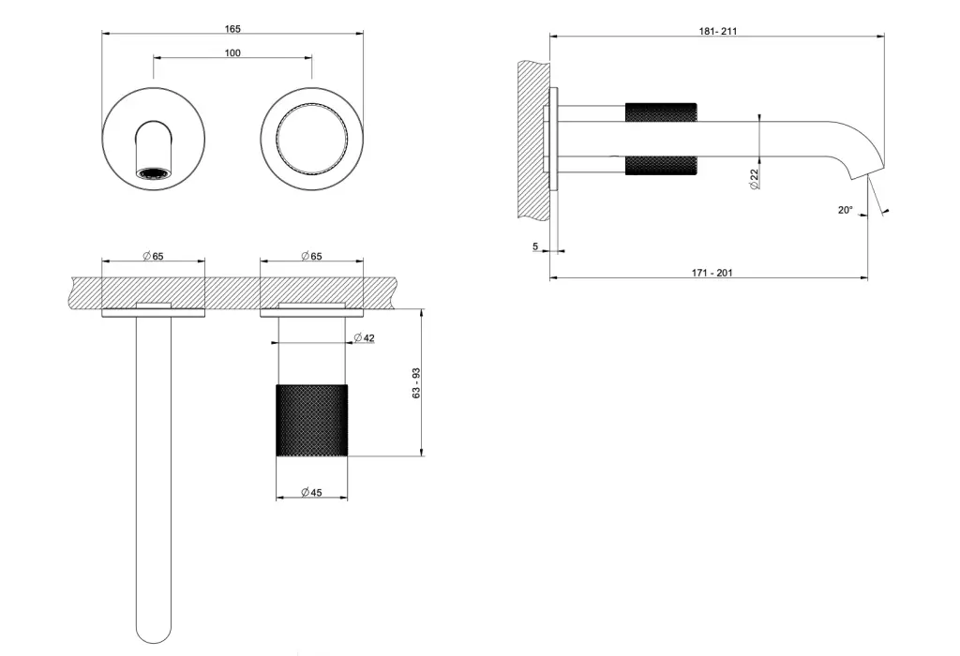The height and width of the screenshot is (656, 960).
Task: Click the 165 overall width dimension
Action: click(232, 29)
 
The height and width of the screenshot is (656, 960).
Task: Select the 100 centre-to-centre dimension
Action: click(232, 53)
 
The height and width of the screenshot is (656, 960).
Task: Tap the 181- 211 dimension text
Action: click(718, 31)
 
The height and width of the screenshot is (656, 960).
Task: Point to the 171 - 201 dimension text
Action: click(712, 273)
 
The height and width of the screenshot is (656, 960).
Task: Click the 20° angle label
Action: click(845, 210)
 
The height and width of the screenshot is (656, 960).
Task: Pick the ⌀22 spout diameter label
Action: click(755, 179)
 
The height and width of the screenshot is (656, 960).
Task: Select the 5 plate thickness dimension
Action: click(535, 246)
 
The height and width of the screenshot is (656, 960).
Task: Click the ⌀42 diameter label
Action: click(365, 337)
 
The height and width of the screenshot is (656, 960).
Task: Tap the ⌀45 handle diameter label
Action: click(311, 492)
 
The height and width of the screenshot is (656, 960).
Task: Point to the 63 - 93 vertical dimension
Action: click(416, 383)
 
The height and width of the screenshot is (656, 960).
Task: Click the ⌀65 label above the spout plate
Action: click(153, 256)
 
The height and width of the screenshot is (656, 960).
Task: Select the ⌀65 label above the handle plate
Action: click(311, 256)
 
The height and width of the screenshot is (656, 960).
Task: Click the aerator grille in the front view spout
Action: click(153, 173)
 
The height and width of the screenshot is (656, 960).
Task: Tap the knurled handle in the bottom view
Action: click(311, 421)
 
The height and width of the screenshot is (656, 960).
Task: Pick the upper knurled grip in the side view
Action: click(661, 112)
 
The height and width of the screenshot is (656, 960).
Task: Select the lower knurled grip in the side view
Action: click(661, 166)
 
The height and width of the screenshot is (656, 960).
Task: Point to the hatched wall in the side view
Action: click(533, 139)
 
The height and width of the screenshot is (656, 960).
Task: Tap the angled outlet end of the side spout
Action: click(868, 171)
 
